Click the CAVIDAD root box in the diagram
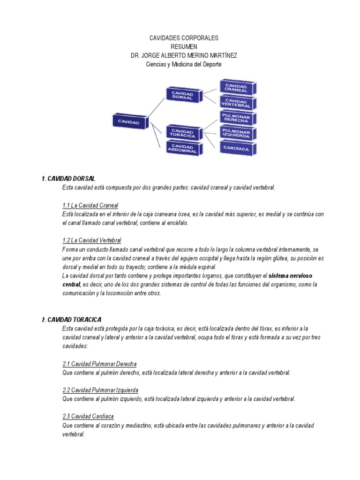pyautogui.click(x=129, y=121)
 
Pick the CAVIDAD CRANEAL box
pyautogui.click(x=237, y=87)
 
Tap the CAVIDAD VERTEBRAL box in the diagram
pyautogui.click(x=237, y=103)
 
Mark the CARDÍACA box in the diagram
pyautogui.click(x=237, y=149)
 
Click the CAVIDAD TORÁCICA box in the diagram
pyautogui.click(x=183, y=133)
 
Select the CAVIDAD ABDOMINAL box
pyautogui.click(x=183, y=149)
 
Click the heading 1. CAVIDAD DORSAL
pyautogui.click(x=68, y=179)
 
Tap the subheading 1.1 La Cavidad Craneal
pyautogui.click(x=90, y=205)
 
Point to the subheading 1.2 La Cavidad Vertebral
pyautogui.click(x=91, y=240)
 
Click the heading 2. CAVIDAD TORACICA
pyautogui.click(x=71, y=320)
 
